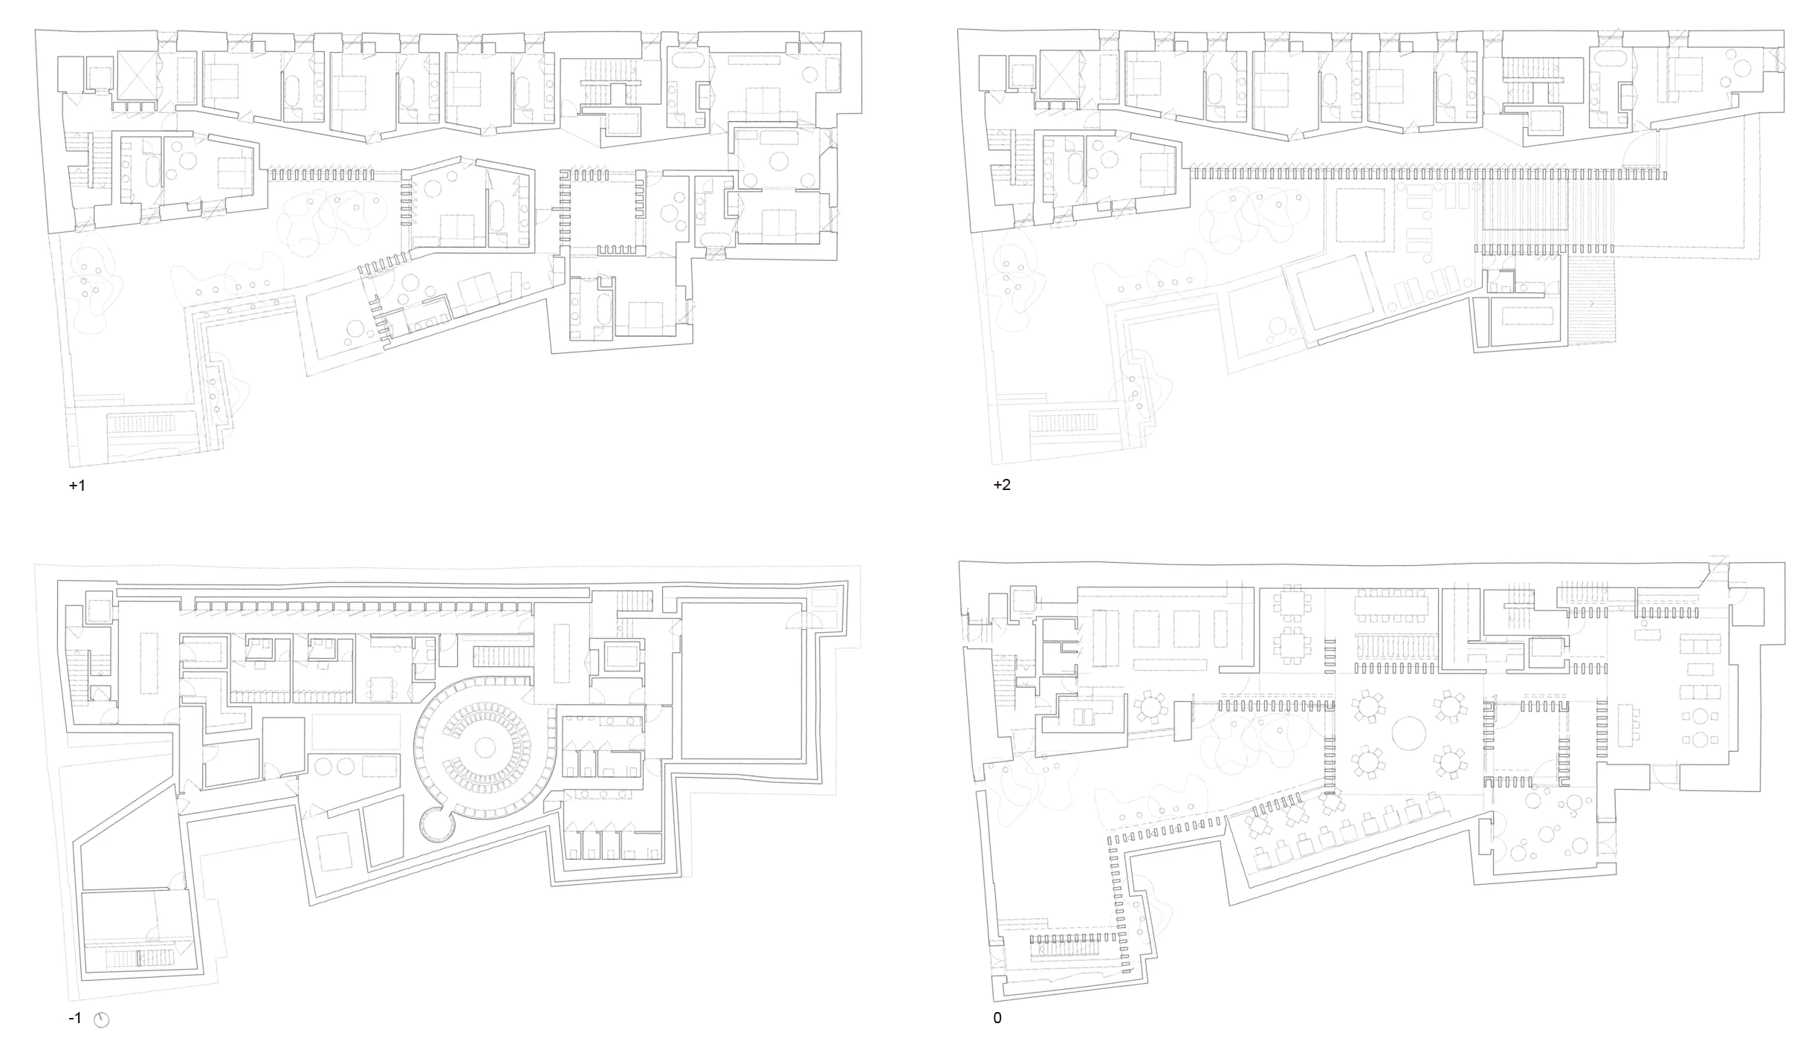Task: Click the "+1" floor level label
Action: click(x=77, y=486)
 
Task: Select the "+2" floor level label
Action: click(x=1002, y=486)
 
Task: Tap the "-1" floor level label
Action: click(x=75, y=1018)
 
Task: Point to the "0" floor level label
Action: click(x=997, y=1018)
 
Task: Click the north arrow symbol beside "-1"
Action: click(x=102, y=1019)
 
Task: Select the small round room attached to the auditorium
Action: click(x=435, y=824)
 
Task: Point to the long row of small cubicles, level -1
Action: click(x=363, y=606)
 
